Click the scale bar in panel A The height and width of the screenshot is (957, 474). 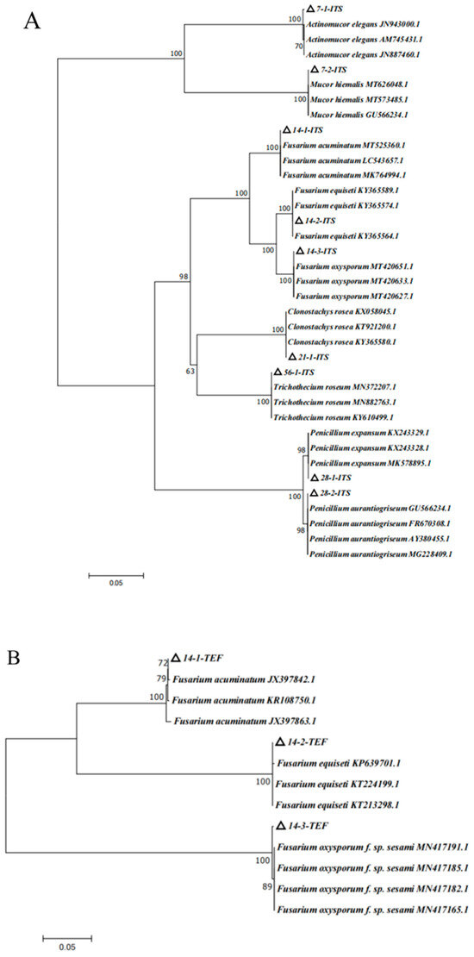[x=115, y=573]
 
